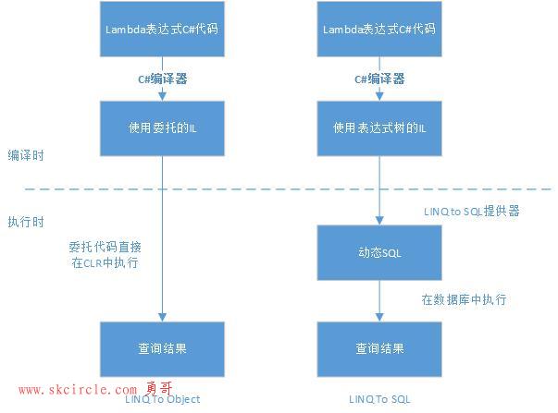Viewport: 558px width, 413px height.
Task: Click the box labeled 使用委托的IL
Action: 162,128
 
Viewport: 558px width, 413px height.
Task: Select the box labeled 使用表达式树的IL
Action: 379,128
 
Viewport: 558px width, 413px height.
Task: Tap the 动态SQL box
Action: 379,252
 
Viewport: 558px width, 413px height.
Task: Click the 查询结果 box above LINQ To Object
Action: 162,349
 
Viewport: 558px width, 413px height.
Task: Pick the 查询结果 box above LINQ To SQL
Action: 379,349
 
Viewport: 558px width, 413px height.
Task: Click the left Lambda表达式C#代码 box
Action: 162,29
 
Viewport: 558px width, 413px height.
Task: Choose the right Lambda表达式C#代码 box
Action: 379,29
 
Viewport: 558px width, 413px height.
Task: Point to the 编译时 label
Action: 26,155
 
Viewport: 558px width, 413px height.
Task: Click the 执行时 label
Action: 26,222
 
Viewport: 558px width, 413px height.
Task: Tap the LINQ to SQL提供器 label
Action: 472,212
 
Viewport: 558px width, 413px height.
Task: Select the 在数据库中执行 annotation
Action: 464,299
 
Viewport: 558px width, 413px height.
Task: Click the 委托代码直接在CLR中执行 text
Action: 105,255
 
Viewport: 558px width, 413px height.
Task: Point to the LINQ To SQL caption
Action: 379,399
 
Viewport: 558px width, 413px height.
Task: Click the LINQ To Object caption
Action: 163,399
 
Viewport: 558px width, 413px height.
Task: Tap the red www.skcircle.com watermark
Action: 78,390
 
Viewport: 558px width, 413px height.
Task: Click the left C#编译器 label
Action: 162,79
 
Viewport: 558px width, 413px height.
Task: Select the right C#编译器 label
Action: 379,79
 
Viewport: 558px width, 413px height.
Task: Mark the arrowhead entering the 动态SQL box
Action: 379,221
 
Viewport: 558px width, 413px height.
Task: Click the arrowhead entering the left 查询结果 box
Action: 162,318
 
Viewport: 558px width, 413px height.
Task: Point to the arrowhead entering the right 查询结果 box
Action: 379,318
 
